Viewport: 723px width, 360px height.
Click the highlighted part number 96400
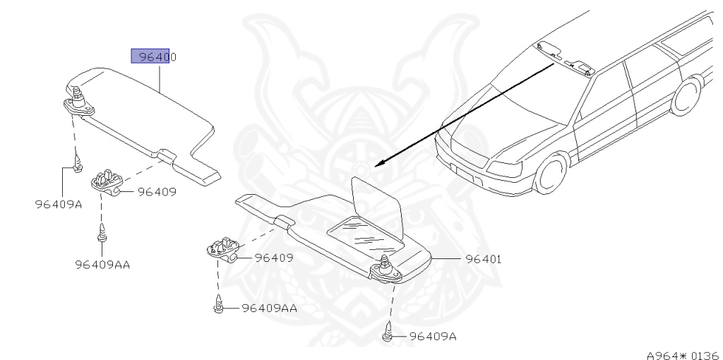[x=153, y=56]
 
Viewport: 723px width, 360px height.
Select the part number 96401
[x=483, y=259]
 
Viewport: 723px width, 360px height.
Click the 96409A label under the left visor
[x=59, y=205]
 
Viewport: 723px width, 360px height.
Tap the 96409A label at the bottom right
[x=433, y=337]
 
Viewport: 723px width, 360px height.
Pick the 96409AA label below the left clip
[x=102, y=265]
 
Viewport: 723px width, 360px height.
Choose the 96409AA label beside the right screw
[x=269, y=308]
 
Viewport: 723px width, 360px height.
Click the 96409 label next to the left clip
[x=156, y=191]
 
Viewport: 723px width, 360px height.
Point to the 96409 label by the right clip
[x=273, y=258]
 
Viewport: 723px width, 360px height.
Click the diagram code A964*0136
[x=682, y=354]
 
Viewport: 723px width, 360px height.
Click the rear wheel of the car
[x=685, y=96]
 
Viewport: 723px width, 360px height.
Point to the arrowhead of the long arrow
[x=378, y=163]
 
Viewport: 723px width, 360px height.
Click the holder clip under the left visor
[x=107, y=181]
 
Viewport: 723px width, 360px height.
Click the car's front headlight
[x=506, y=170]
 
